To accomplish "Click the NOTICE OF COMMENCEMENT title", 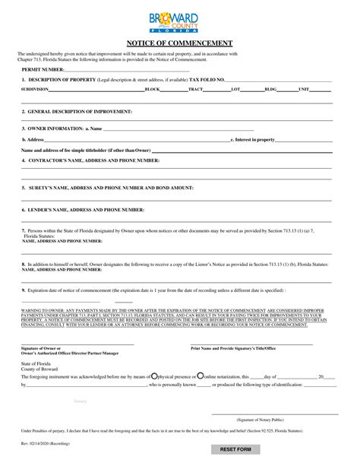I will click(x=179, y=43).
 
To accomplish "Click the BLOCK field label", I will click(x=152, y=89).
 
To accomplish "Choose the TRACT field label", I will click(x=195, y=89).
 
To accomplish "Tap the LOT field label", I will click(x=235, y=89).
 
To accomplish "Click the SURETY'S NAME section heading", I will click(x=107, y=186).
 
